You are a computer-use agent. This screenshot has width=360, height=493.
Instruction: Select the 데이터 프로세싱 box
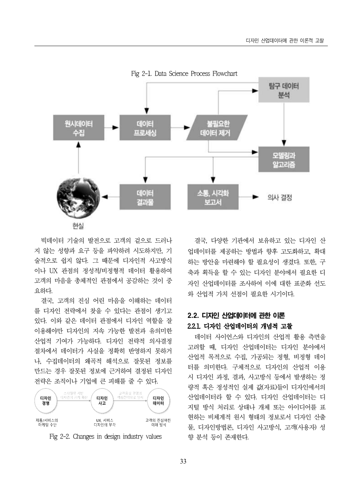click(145, 128)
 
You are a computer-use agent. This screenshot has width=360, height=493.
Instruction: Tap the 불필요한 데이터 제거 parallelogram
click(215, 128)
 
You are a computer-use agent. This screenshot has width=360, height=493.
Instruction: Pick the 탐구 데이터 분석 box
click(284, 90)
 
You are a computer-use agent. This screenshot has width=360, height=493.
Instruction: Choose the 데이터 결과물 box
click(145, 197)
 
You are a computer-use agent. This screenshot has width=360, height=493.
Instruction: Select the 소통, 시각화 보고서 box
click(213, 197)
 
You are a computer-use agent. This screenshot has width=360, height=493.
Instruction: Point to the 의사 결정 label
click(280, 197)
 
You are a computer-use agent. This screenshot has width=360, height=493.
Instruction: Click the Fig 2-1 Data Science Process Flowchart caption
click(184, 73)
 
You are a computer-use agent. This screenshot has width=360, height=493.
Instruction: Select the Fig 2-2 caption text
click(106, 437)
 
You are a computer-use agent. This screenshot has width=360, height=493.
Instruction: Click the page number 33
click(183, 461)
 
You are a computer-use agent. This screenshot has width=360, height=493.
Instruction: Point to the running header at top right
click(284, 41)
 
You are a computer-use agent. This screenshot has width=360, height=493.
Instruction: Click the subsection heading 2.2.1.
click(240, 326)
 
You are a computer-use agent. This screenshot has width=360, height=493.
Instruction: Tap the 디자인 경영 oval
click(46, 401)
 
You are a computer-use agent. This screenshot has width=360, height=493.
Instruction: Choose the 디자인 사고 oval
click(102, 401)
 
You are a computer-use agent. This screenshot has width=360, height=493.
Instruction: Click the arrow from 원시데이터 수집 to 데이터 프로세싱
click(112, 128)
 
